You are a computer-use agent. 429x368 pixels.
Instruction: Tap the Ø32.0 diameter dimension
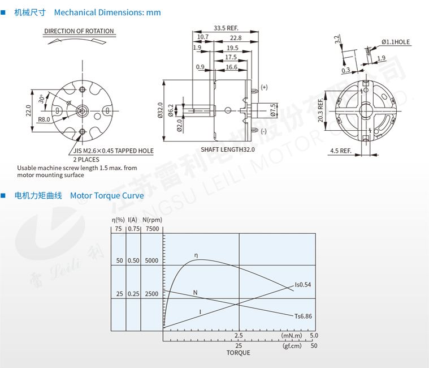(161, 110)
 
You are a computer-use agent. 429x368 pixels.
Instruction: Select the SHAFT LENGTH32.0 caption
(228, 149)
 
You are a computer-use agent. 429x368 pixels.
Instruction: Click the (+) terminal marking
(264, 87)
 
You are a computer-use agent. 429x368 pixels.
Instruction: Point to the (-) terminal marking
(263, 131)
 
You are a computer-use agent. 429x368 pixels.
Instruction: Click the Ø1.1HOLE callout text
(396, 42)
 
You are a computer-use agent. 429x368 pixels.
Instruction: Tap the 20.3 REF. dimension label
(320, 110)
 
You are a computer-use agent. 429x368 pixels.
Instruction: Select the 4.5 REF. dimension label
(341, 151)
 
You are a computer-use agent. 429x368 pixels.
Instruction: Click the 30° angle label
(42, 99)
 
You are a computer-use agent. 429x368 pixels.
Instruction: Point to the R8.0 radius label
(44, 119)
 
